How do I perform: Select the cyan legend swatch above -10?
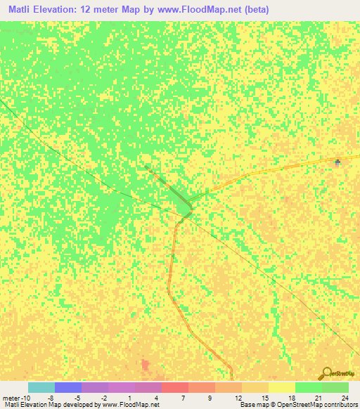tap(41, 387)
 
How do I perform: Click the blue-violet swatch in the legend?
tap(68, 387)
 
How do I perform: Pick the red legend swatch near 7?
tap(175, 387)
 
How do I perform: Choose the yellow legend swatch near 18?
tap(282, 387)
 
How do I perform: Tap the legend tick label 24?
tap(344, 397)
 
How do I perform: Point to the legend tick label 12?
tap(238, 397)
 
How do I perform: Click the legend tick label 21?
tap(319, 397)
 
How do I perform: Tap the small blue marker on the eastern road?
tap(337, 162)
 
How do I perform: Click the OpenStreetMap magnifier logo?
tap(327, 374)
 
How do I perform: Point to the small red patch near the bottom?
tap(146, 365)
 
